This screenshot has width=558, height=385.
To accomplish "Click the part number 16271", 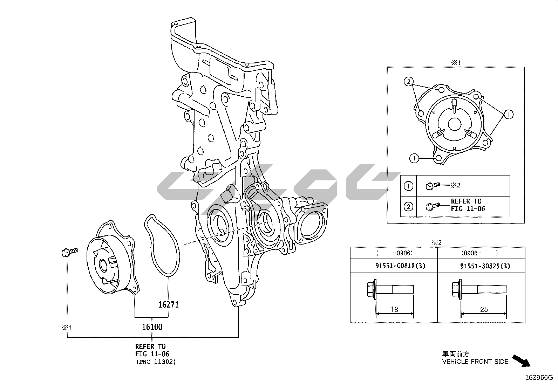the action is click(x=169, y=304).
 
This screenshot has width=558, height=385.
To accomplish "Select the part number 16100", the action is click(x=152, y=327).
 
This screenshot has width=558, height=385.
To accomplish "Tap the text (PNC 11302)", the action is click(x=156, y=362).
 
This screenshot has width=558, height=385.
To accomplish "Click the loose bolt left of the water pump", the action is click(x=70, y=252).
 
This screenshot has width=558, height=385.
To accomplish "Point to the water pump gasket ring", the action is click(x=162, y=245).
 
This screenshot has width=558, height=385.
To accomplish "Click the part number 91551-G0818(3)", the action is click(x=400, y=266).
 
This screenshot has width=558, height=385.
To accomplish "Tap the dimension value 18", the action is click(x=394, y=310).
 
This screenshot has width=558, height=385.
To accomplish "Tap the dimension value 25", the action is click(x=484, y=310).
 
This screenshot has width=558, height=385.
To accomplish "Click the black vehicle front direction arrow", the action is click(x=522, y=361).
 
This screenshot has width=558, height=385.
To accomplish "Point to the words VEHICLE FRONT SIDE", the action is click(x=475, y=362).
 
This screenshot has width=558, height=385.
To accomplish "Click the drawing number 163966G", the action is click(x=539, y=378).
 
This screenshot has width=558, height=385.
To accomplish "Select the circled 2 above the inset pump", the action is click(x=409, y=81).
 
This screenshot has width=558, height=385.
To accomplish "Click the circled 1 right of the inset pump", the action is click(x=509, y=115).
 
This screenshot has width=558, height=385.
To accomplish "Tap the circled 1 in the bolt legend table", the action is click(x=408, y=186).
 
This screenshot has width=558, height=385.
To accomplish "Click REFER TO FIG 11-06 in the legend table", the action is click(x=468, y=205).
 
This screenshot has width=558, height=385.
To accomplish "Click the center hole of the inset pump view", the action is click(x=455, y=124).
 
